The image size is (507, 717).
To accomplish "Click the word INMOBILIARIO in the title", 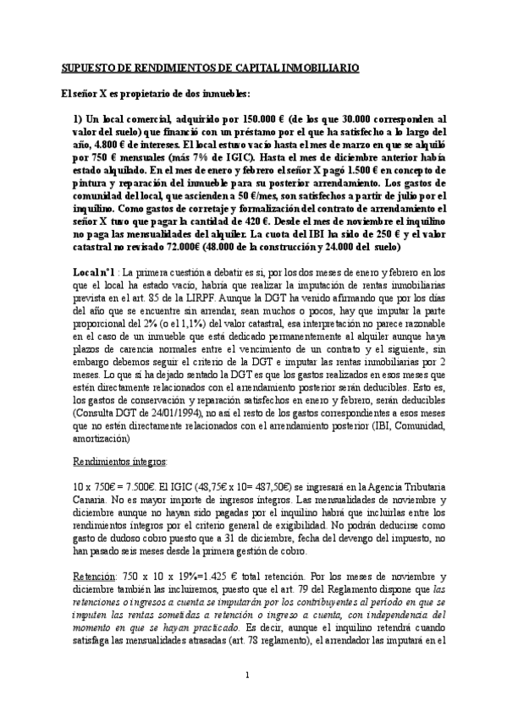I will click(x=318, y=68).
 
